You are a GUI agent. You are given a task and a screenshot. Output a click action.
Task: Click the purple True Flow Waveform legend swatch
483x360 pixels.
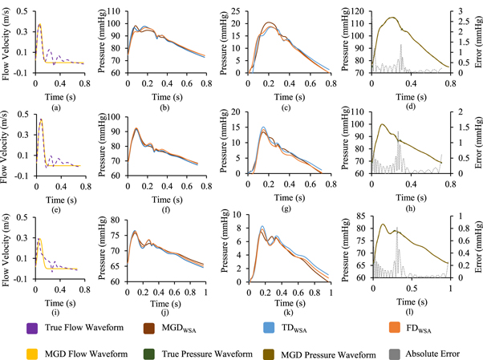coord(32,328)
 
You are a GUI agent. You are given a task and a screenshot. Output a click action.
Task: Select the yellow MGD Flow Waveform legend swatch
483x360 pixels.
coord(32,354)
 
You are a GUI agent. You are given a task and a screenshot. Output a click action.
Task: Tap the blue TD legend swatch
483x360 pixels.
coord(269,328)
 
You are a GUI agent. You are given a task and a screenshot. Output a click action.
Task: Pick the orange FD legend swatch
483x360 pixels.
coord(395,328)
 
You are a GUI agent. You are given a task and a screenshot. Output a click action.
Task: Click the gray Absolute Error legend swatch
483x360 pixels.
coord(395,354)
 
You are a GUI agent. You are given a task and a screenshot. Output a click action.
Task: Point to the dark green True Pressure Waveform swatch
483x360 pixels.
coord(149,354)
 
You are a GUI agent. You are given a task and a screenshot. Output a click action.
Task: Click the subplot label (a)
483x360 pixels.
coord(56,107)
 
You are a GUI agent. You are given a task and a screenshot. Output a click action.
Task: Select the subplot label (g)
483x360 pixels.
coord(286,208)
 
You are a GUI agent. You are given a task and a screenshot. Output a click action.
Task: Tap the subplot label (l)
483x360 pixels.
coord(409,312)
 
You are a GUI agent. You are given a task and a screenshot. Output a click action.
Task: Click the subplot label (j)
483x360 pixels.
coord(164,312)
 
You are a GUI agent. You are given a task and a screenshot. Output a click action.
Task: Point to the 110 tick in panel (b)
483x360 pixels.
coord(114,12)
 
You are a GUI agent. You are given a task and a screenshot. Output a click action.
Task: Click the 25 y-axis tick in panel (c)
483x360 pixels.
coord(236,12)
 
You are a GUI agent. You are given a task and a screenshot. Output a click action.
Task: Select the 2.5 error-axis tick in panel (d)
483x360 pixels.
coord(464,22)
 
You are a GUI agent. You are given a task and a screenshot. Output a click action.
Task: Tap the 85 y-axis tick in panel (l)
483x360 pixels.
coord(361,216)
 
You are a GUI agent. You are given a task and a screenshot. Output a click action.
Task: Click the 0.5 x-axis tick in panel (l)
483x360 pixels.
coord(412,289)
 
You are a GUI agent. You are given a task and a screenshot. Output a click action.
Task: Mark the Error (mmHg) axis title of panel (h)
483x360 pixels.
coord(478,142)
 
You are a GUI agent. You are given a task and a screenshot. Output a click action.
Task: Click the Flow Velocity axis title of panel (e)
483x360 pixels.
coord(4,148)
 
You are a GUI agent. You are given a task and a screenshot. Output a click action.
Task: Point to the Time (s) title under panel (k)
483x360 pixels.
coord(290,303)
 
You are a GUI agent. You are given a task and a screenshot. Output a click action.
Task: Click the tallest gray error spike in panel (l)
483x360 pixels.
coord(396,228)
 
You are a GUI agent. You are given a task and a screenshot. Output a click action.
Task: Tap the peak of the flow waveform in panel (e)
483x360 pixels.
coord(41,119)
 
